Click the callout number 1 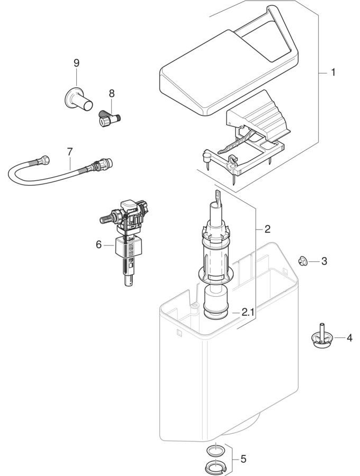333,72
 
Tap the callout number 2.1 248,313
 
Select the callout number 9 76,63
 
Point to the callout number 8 112,93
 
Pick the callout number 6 98,244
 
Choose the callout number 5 243,459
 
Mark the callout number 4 349,337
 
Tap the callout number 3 324,261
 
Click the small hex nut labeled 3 303,260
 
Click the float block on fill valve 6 129,246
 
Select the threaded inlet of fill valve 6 106,219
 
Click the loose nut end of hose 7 44,159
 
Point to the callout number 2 267,229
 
